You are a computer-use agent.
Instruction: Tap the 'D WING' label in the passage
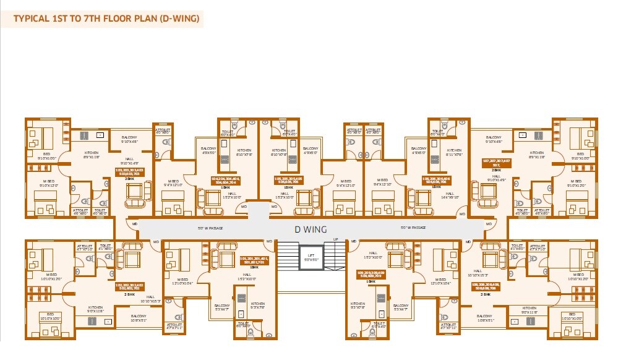coord(311,229)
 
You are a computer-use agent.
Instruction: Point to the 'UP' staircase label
coord(336,239)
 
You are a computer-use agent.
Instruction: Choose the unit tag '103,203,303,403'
coord(129,171)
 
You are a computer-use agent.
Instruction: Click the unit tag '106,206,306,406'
coord(437,181)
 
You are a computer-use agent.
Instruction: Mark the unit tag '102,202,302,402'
coord(129,286)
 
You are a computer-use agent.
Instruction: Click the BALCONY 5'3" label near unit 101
coord(222,308)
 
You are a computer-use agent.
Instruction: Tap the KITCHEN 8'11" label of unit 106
coord(454,153)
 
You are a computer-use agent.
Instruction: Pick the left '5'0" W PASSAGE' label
coord(210,228)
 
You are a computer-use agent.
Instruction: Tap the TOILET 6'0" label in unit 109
coord(379,324)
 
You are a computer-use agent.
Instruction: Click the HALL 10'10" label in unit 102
coord(151,299)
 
